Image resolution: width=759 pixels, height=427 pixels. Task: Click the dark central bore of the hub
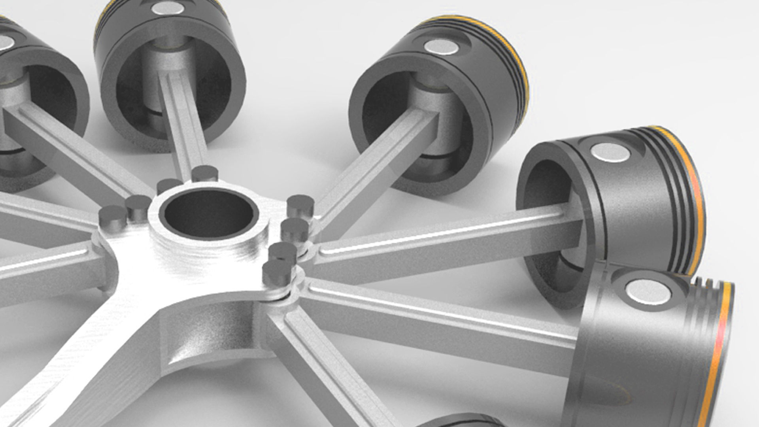click(208, 214)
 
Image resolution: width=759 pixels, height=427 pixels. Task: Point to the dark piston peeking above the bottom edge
click(459, 421)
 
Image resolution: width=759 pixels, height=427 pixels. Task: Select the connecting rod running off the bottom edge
click(336, 372)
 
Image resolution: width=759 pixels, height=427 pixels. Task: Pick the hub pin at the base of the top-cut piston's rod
click(204, 173)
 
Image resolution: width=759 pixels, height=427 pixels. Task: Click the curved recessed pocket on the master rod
click(206, 340)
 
